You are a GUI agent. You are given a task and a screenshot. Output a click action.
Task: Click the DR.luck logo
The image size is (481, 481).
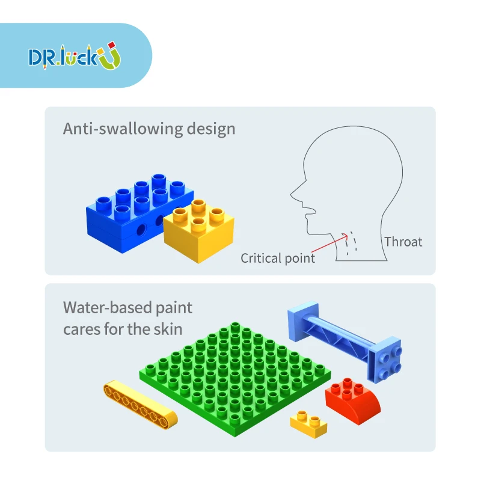pyautogui.click(x=75, y=56)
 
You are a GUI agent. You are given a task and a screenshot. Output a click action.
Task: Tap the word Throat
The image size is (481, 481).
pyautogui.click(x=403, y=242)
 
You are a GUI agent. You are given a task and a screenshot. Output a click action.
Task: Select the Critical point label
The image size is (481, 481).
pyautogui.click(x=278, y=259)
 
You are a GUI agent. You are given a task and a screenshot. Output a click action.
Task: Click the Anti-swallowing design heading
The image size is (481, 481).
pyautogui.click(x=149, y=129)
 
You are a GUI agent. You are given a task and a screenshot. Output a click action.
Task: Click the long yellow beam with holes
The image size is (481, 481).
pyautogui.click(x=140, y=403)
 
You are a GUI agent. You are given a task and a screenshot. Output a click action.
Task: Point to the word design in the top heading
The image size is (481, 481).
pyautogui.click(x=209, y=129)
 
